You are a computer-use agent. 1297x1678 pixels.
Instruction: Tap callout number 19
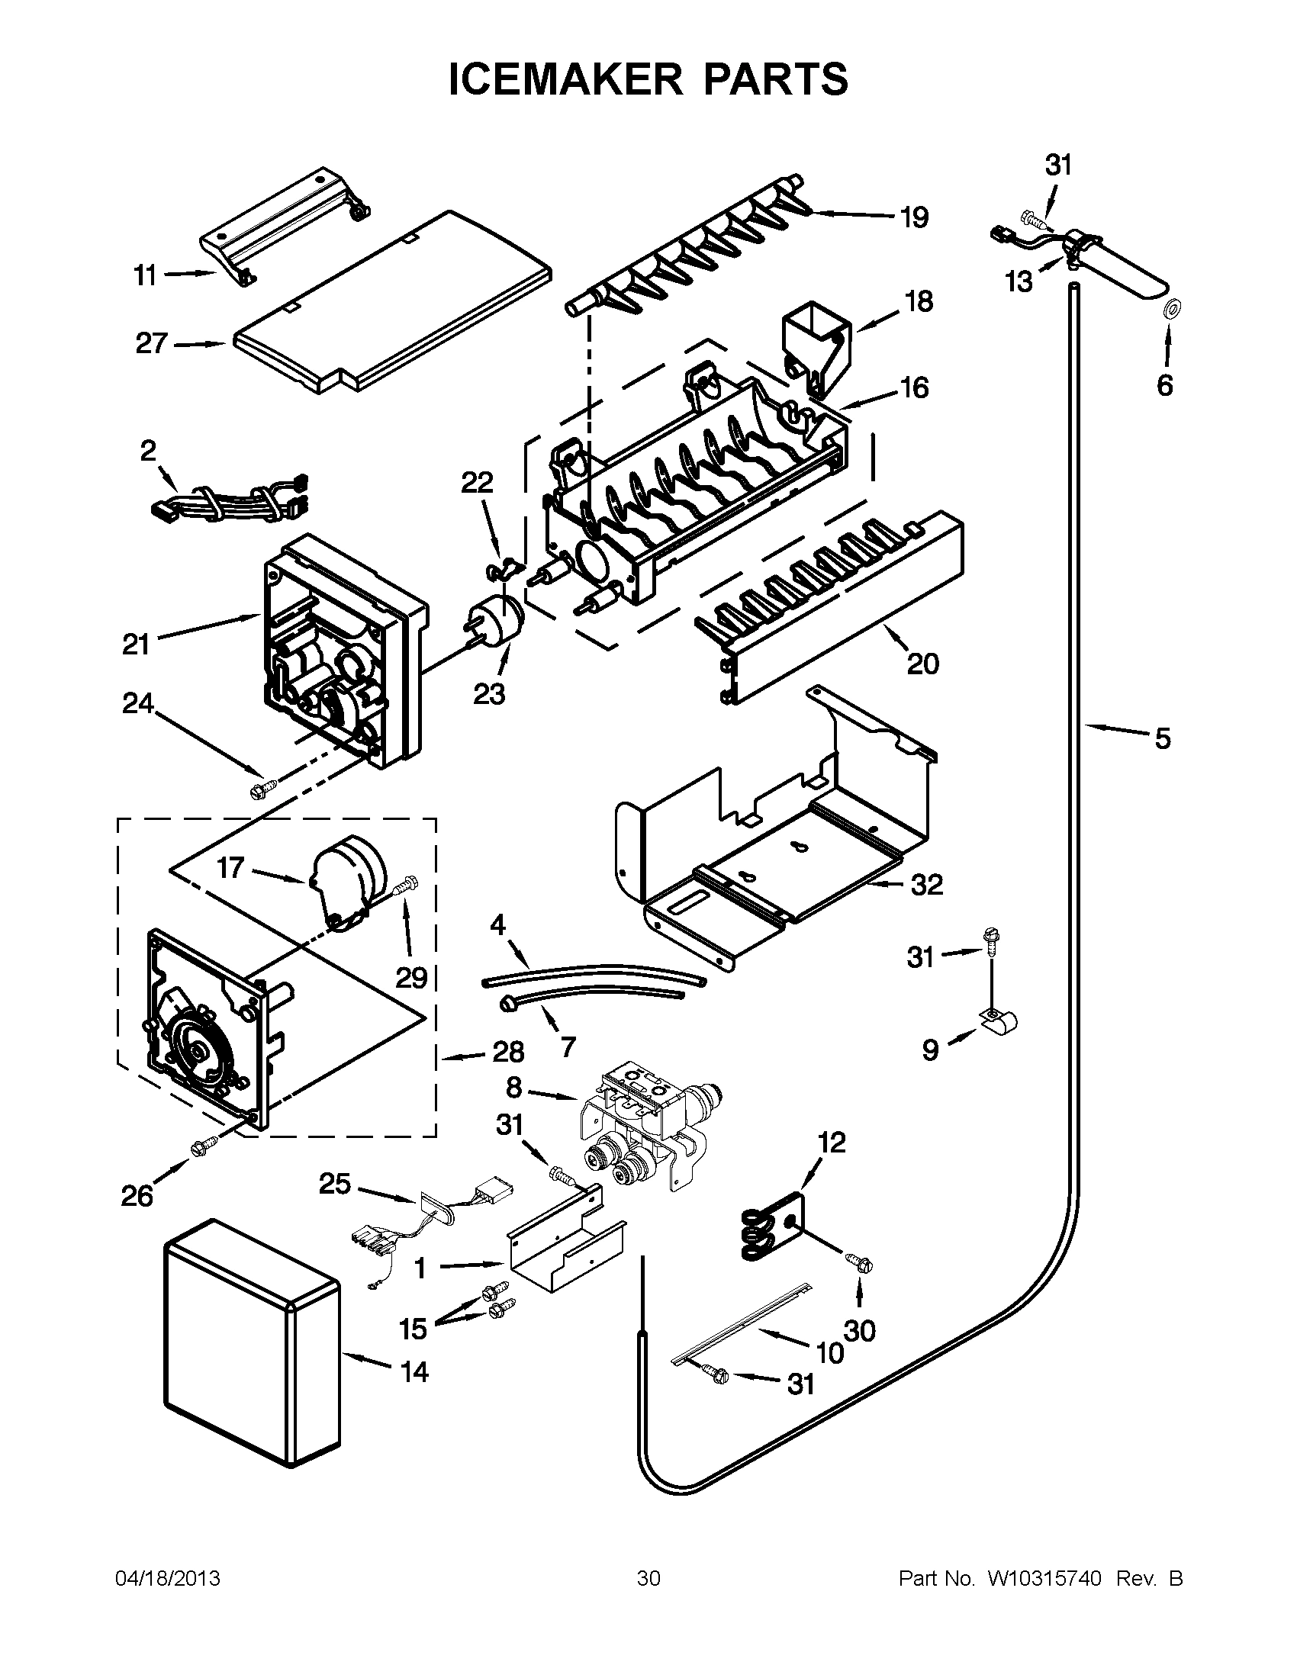tap(914, 217)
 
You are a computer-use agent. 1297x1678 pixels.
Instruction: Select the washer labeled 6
tap(1173, 309)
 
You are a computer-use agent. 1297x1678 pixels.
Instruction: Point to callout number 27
tap(151, 343)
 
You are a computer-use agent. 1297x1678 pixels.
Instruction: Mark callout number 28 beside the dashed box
tap(508, 1051)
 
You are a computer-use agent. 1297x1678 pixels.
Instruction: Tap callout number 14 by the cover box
tap(414, 1371)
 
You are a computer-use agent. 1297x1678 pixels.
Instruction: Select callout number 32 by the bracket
tap(927, 884)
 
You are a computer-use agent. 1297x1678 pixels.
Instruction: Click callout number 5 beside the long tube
tap(1163, 738)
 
